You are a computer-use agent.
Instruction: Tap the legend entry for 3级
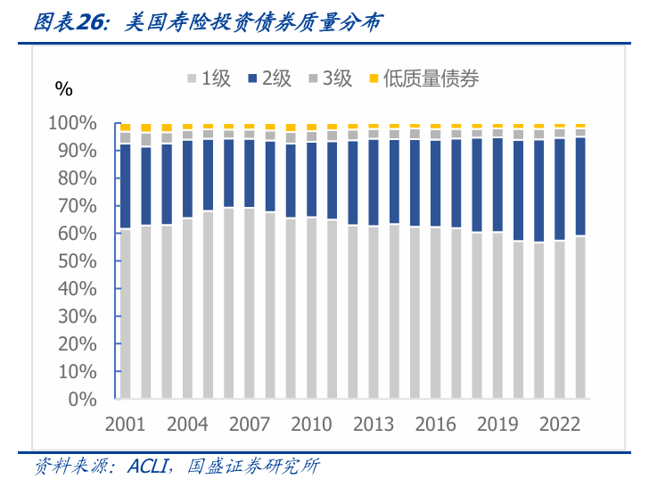pyautogui.click(x=329, y=78)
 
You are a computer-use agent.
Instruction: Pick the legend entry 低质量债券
pyautogui.click(x=423, y=78)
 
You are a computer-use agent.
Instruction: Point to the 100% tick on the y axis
pyautogui.click(x=71, y=123)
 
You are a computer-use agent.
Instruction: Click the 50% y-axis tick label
pyautogui.click(x=75, y=261)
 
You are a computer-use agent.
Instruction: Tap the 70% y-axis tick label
pyautogui.click(x=75, y=206)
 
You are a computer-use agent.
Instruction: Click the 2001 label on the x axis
pyautogui.click(x=126, y=424)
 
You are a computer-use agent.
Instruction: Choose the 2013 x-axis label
pyautogui.click(x=374, y=424)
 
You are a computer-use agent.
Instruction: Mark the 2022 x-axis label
pyautogui.click(x=560, y=424)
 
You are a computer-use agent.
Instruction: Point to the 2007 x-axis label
pyautogui.click(x=250, y=424)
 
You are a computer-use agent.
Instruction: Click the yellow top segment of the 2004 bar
pyautogui.click(x=187, y=127)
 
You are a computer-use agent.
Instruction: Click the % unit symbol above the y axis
pyautogui.click(x=63, y=87)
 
